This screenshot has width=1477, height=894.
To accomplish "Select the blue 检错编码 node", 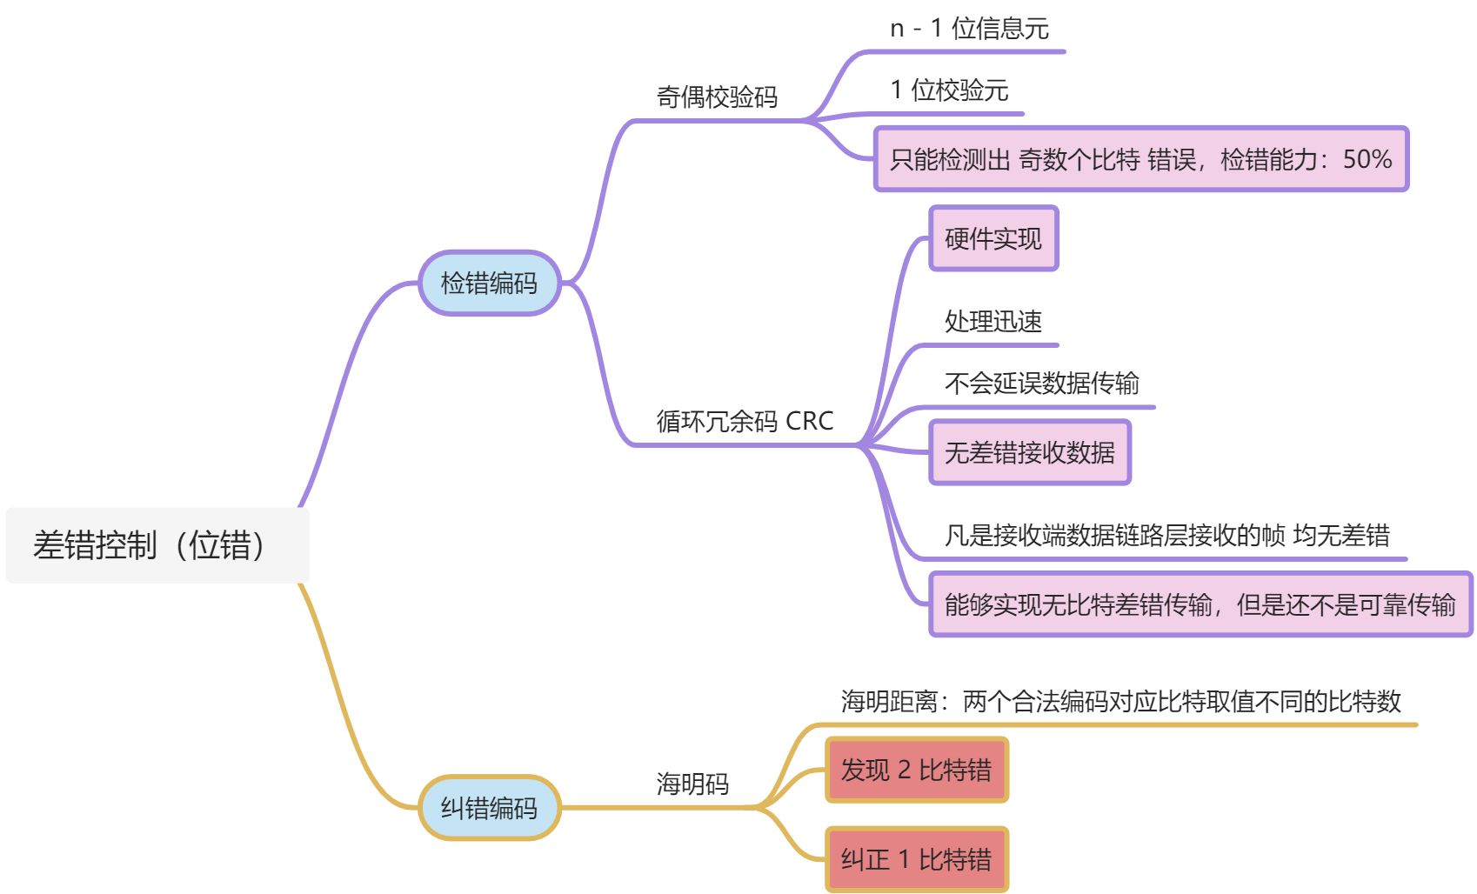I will click(x=489, y=283).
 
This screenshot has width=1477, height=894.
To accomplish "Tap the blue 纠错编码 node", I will click(x=489, y=808).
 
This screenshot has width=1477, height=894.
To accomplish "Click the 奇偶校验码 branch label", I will click(x=717, y=97).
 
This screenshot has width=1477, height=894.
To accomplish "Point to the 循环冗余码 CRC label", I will click(x=745, y=421).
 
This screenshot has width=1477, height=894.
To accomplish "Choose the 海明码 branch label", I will click(x=692, y=784).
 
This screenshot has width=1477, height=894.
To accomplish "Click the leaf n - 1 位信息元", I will click(x=969, y=29).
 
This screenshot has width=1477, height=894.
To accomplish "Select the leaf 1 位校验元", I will click(x=949, y=90).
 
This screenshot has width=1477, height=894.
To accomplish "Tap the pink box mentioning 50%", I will click(x=1140, y=159).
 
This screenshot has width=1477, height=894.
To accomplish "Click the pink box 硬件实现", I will click(x=993, y=238).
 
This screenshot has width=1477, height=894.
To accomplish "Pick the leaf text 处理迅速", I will click(x=993, y=322).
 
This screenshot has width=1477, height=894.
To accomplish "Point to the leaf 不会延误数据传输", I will click(x=1041, y=383).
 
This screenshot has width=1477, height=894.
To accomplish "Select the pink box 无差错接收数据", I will click(x=1030, y=452).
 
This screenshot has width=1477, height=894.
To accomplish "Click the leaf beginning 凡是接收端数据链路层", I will click(x=1166, y=535).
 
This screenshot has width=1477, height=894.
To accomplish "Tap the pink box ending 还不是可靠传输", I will click(x=1200, y=604).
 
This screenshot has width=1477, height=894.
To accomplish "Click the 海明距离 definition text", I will click(x=1120, y=701).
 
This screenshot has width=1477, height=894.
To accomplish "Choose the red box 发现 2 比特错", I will click(x=916, y=770).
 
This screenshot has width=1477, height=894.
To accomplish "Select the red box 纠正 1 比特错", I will click(x=916, y=859).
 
